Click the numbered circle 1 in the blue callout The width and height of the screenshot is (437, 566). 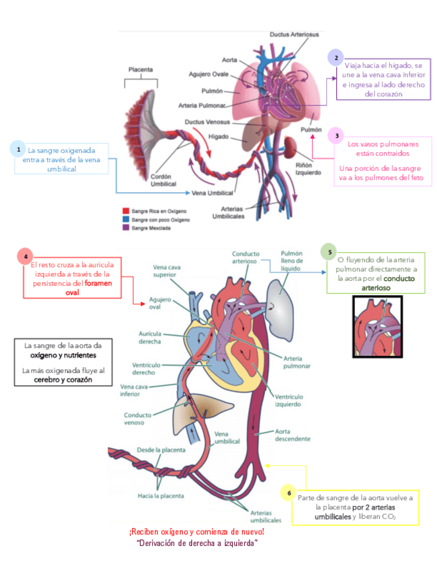(x=19, y=150)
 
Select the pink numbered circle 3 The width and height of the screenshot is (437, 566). (x=338, y=135)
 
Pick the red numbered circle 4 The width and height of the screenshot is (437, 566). (x=25, y=256)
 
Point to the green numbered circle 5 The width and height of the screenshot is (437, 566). (x=329, y=251)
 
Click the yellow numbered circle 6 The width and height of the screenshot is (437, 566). (x=288, y=493)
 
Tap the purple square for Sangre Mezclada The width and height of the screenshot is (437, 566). (x=125, y=228)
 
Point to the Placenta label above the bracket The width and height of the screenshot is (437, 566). (x=141, y=69)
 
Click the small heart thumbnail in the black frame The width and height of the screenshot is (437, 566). (x=377, y=326)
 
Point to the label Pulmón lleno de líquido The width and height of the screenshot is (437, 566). (x=292, y=262)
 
